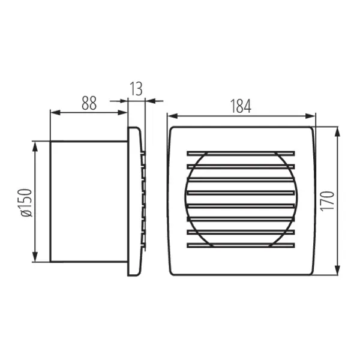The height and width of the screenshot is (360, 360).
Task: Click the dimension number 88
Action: pyautogui.click(x=89, y=103)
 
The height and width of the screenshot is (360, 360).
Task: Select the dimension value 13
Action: pyautogui.click(x=136, y=89)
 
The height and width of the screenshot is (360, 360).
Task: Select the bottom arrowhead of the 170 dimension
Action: pyautogui.click(x=337, y=271)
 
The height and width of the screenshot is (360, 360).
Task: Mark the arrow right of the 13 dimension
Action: pyautogui.click(x=150, y=100)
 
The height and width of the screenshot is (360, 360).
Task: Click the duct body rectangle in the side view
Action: pyautogui.click(x=88, y=202)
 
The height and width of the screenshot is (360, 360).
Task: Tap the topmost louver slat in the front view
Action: pyautogui.click(x=241, y=152)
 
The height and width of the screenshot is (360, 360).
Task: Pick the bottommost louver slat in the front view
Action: pyautogui.click(x=241, y=245)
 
